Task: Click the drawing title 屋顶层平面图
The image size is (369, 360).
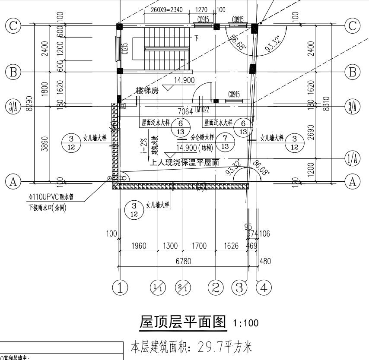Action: tap(183, 322)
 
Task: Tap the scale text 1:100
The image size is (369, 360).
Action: tap(246, 323)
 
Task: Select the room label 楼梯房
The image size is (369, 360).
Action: tap(147, 91)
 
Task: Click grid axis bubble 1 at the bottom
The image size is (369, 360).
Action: tap(120, 287)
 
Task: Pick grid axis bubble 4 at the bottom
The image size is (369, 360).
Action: tap(264, 287)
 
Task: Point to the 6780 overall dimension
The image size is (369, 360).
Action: tap(183, 261)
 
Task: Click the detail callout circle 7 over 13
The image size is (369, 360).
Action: tap(225, 142)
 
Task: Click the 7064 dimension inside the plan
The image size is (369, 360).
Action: tap(185, 112)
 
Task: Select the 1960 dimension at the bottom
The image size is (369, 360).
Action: tap(138, 246)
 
